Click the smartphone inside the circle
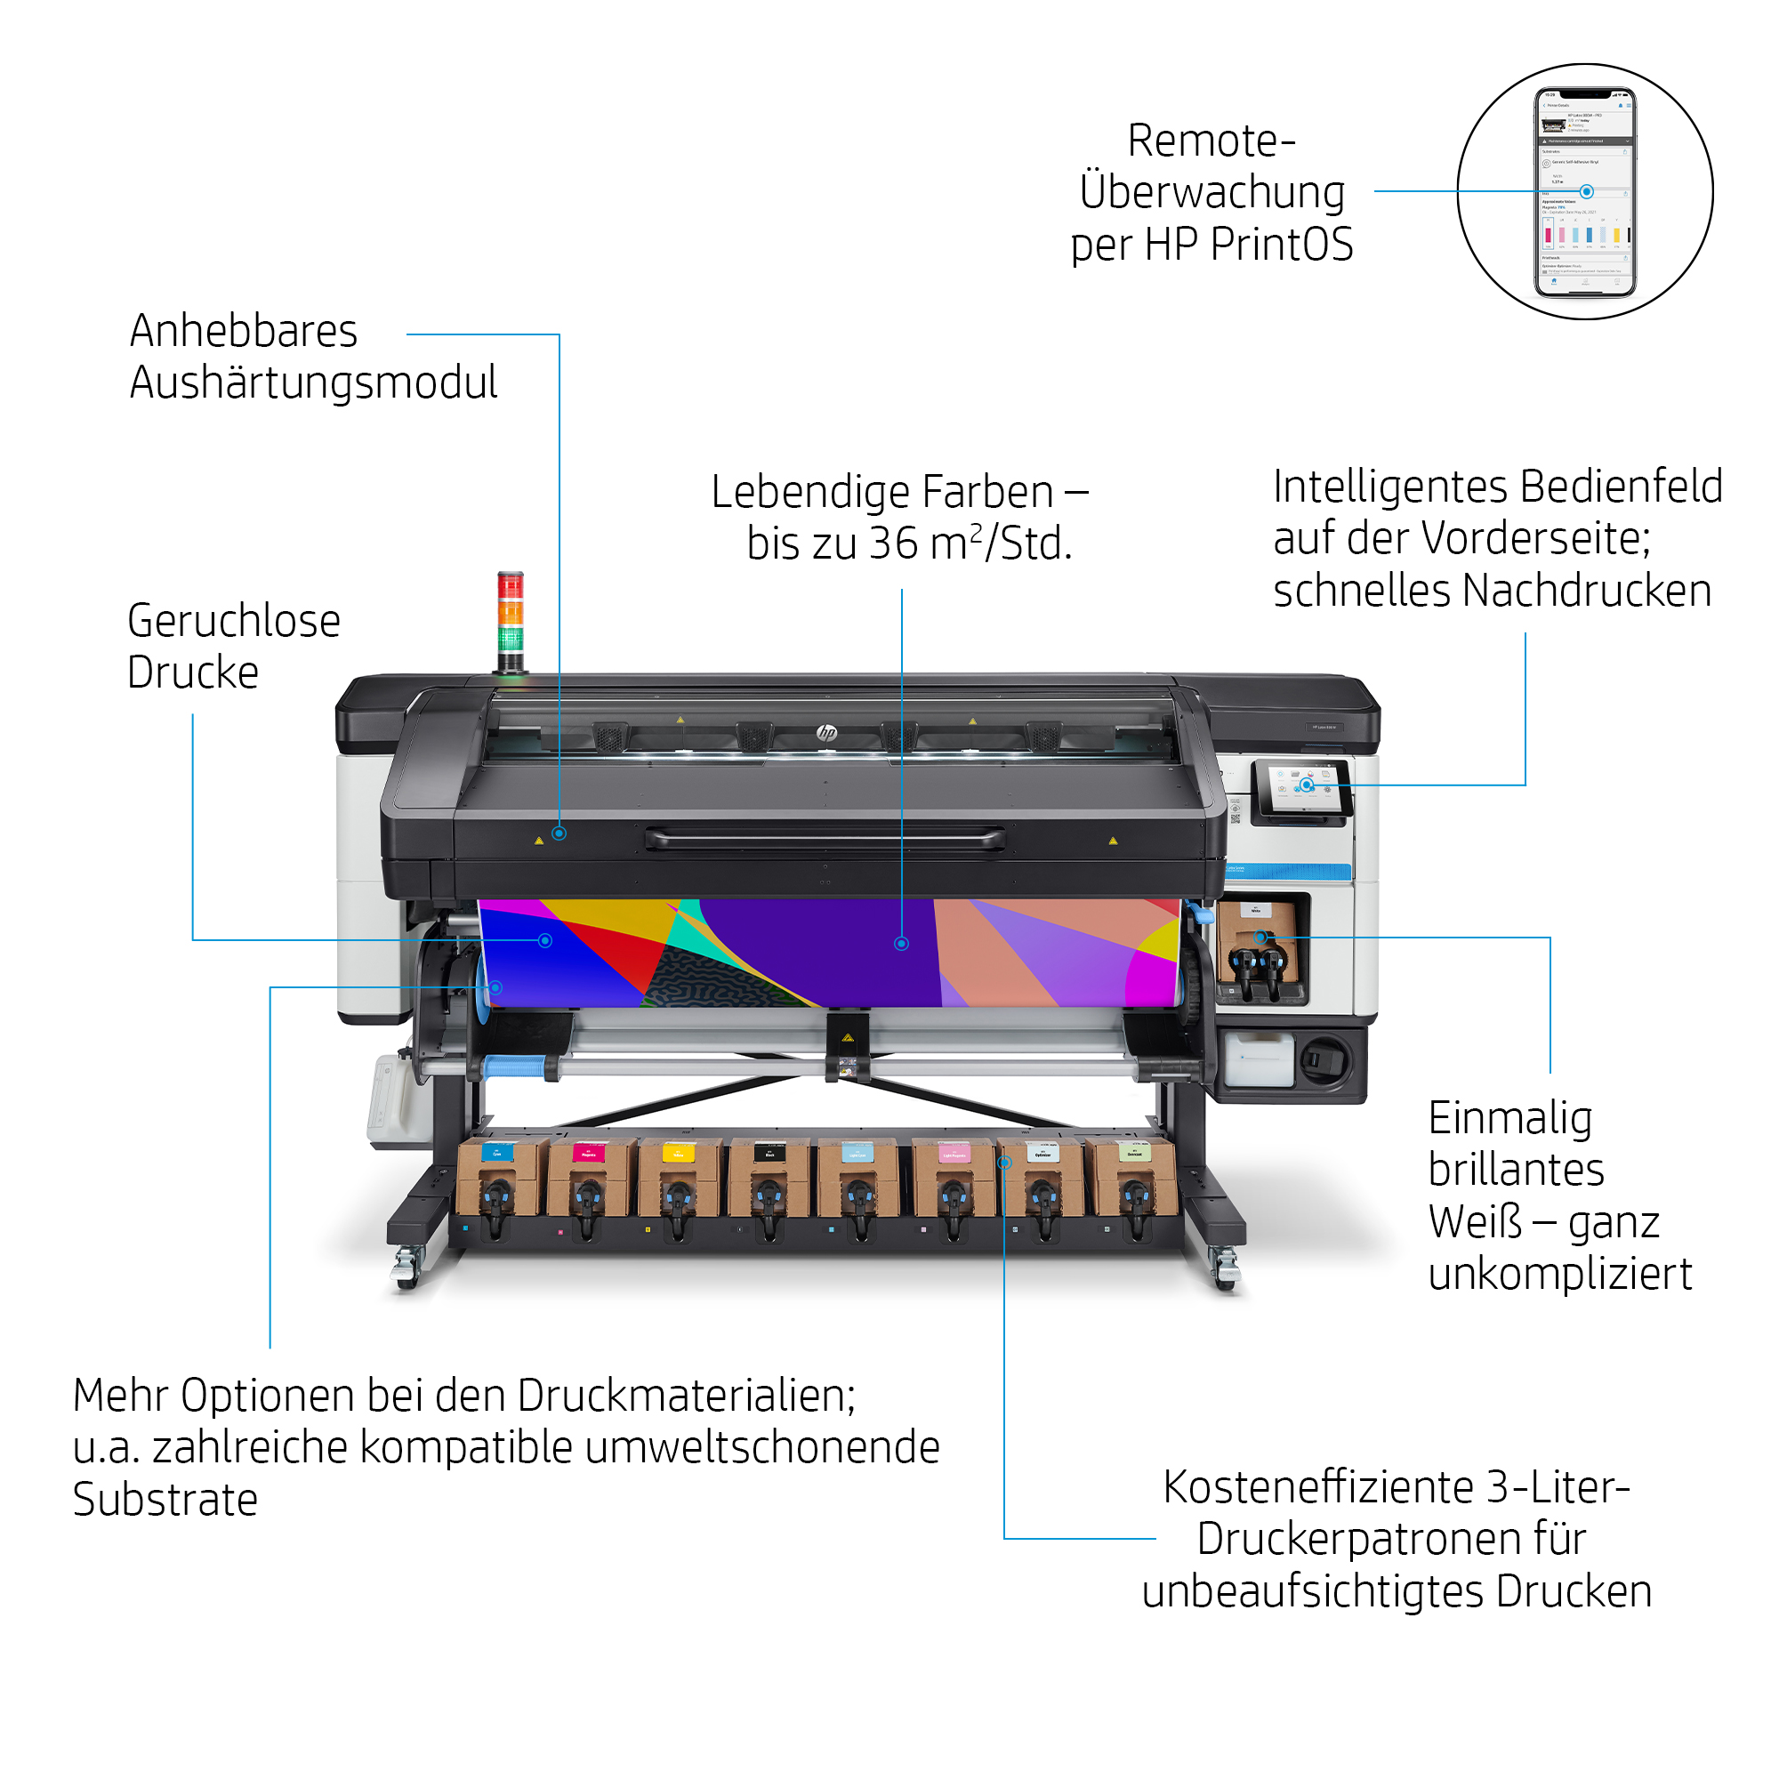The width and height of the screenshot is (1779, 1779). pos(1585,191)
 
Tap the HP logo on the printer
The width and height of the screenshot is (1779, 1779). pos(826,733)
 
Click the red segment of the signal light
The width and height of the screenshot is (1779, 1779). pos(510,585)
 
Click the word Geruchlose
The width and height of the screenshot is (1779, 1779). pos(234,621)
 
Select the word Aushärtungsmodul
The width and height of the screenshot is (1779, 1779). pos(313,382)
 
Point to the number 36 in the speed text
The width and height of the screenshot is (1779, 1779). pos(892,543)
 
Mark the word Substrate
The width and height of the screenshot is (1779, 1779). pos(165,1500)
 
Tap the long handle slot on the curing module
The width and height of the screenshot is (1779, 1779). pos(825,839)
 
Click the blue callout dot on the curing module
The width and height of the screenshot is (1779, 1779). pos(559,833)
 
